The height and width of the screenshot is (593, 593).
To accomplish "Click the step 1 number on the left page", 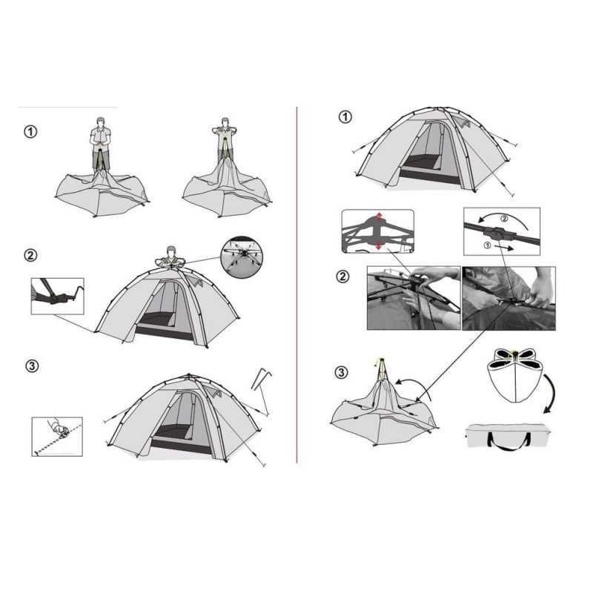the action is pyautogui.click(x=30, y=132).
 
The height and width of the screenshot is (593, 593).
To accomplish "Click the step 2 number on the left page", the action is pyautogui.click(x=30, y=256).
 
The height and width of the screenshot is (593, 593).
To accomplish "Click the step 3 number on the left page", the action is pyautogui.click(x=32, y=366).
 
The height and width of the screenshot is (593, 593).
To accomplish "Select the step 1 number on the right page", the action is pyautogui.click(x=345, y=117).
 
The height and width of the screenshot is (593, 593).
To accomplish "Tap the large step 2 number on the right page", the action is pyautogui.click(x=342, y=276).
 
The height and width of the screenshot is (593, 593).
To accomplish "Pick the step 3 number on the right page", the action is pyautogui.click(x=341, y=373).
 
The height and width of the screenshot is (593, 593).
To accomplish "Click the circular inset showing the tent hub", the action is pyautogui.click(x=242, y=258).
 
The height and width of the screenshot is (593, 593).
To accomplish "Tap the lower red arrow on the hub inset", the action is pyautogui.click(x=379, y=245).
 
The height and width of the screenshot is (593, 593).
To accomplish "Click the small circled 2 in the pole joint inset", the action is pyautogui.click(x=504, y=218).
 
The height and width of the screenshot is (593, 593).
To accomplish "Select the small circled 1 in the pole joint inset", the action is pyautogui.click(x=488, y=245).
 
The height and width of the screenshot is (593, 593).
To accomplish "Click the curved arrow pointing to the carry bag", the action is pyautogui.click(x=552, y=394).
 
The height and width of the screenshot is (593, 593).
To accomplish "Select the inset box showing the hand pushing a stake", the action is pyautogui.click(x=57, y=437).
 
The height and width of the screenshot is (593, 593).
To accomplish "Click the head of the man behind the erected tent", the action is pyautogui.click(x=171, y=251).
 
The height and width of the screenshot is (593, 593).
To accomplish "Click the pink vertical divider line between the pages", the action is pyautogui.click(x=297, y=285).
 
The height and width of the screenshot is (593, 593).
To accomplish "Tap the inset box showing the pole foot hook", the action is pyautogui.click(x=58, y=296).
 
